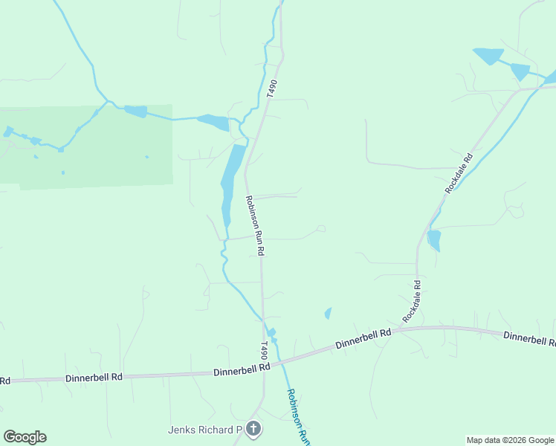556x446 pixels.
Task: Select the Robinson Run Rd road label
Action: [254, 226]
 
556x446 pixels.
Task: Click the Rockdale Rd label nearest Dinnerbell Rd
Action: [412, 301]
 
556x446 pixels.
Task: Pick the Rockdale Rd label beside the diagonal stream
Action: [459, 174]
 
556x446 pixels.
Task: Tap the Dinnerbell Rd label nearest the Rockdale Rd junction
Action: [363, 339]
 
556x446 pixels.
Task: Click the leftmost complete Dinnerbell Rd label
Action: [94, 378]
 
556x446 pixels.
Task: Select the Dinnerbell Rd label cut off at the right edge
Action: [529, 338]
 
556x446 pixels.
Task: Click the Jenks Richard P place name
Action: [205, 430]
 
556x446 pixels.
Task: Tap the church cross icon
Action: [253, 429]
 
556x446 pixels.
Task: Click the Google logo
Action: [25, 437]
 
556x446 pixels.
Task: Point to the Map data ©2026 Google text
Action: [510, 440]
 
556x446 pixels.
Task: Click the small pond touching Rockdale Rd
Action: [434, 240]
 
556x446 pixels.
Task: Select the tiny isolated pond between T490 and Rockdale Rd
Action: [328, 314]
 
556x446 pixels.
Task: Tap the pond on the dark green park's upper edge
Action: [136, 111]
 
